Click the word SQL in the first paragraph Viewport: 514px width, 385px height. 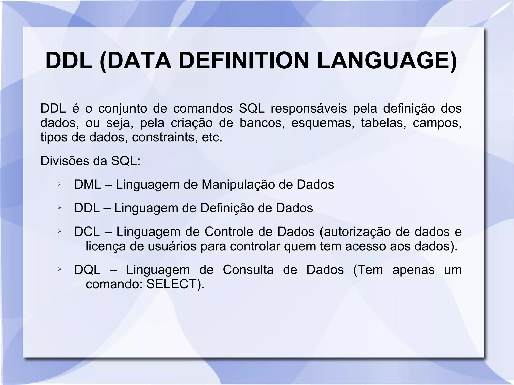pyautogui.click(x=251, y=109)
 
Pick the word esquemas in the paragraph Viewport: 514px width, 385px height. pyautogui.click(x=323, y=123)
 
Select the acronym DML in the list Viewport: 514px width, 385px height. pyautogui.click(x=88, y=185)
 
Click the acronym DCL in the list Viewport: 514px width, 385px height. pyautogui.click(x=87, y=232)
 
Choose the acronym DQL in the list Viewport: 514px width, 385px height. pyautogui.click(x=87, y=270)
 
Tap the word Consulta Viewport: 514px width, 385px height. pyautogui.click(x=248, y=270)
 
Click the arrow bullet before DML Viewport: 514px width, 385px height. pyautogui.click(x=59, y=185)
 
